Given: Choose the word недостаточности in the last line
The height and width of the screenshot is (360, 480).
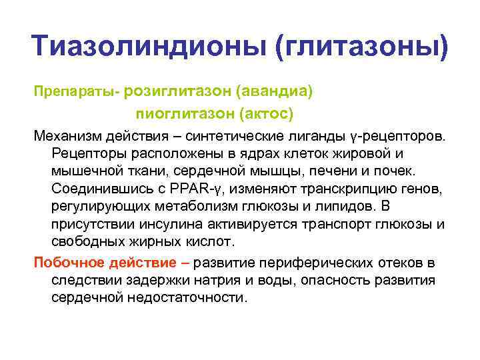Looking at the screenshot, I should [192, 297].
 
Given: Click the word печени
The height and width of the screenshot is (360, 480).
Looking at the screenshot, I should [349, 171].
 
